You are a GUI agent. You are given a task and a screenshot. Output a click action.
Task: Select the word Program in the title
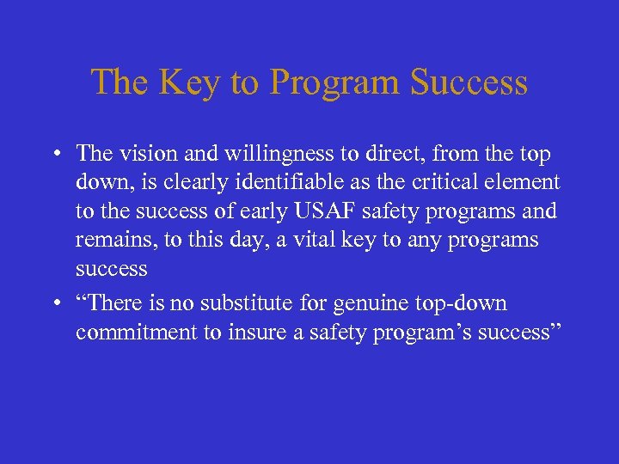tap(335, 82)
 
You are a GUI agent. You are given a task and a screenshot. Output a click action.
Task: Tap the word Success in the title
tap(469, 82)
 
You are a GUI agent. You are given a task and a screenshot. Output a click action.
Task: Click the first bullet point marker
tap(53, 155)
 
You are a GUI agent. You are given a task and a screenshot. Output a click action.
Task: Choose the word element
tap(529, 182)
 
